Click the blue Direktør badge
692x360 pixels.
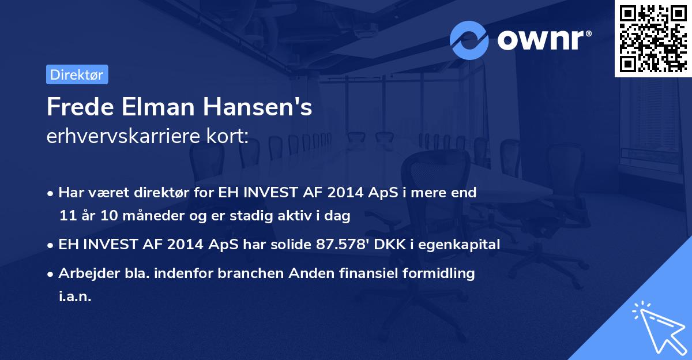point(77,74)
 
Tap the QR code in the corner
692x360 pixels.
point(653,38)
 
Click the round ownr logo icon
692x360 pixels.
point(469,40)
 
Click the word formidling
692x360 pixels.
point(438,273)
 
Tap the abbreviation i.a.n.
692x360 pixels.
point(75,297)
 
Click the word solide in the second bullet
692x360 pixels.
point(290,245)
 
